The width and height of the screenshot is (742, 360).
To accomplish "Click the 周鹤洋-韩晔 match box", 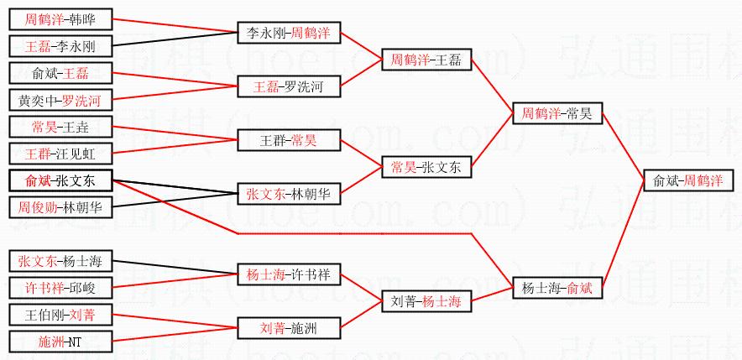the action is pos(60,18).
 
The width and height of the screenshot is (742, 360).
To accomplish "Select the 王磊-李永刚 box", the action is pos(60,45).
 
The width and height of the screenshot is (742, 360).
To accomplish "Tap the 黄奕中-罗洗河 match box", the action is pos(60,100).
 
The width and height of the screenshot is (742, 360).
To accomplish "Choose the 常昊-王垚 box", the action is pos(60,127).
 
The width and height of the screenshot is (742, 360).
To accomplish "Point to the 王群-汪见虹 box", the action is pos(60,154).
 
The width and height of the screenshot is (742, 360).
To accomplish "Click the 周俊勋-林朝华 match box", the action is pos(60,206).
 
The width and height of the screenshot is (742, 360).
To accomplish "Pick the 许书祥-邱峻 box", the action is pos(60,287).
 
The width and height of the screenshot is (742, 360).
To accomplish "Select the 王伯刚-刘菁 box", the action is pos(60,315).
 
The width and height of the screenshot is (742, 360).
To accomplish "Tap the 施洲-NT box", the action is pos(60,342).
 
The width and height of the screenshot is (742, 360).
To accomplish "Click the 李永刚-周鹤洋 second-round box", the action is pos(289,33).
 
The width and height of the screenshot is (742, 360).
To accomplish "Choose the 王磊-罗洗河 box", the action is pos(289,86).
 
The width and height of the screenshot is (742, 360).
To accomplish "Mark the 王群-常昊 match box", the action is pos(289,140).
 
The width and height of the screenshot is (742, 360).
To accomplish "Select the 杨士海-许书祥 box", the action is pos(289,274).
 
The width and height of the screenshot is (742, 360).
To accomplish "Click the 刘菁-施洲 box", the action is pos(289,327).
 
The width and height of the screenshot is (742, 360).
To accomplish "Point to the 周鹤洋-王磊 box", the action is pos(426,60).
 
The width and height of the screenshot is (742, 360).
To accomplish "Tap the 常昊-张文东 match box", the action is pos(426,167).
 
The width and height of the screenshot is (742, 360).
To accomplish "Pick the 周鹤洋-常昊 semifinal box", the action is pos(557,113).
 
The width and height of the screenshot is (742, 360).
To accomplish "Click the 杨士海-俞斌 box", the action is pos(557,288).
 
